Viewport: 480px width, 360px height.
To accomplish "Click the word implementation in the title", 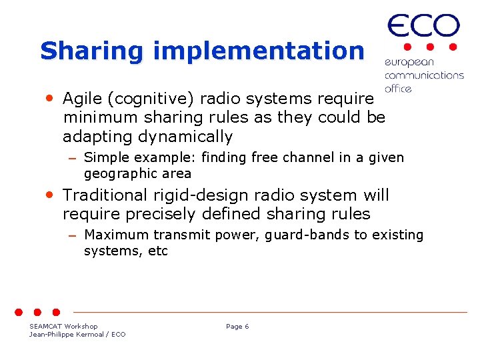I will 258,51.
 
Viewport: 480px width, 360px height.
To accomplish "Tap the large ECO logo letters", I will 423,27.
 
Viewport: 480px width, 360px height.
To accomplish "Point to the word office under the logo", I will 398,89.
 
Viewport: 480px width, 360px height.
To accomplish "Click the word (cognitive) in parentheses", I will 150,99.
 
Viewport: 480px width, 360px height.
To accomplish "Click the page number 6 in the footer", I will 247,327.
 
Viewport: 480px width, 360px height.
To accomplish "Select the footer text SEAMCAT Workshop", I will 63,327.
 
